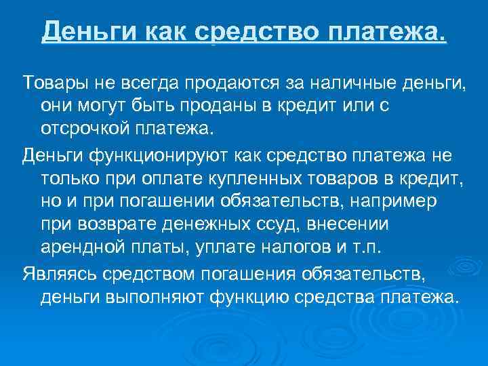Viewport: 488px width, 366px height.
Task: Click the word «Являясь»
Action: coord(58,275)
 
